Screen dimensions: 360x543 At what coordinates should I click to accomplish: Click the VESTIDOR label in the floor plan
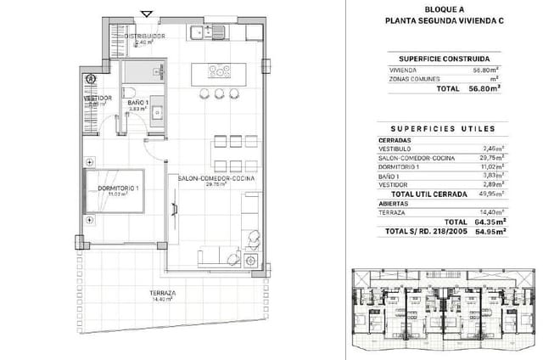point(98,98)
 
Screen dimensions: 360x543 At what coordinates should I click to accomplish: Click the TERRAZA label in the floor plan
point(160,293)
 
